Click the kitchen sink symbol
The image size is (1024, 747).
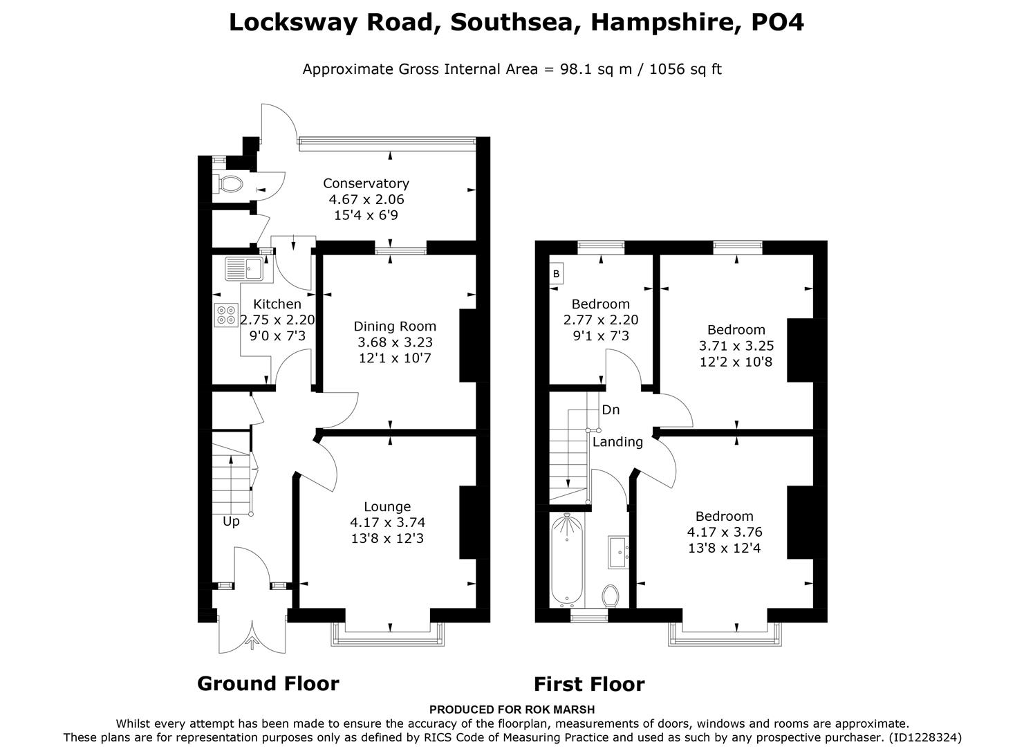pyautogui.click(x=243, y=268)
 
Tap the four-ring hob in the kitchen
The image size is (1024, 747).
pyautogui.click(x=226, y=315)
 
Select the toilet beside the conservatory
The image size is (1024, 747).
pyautogui.click(x=230, y=184)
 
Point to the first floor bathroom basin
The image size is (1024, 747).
pyautogui.click(x=619, y=551)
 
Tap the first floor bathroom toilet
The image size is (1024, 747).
pyautogui.click(x=611, y=595)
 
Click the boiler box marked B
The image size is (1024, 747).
pyautogui.click(x=557, y=274)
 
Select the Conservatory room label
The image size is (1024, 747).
pyautogui.click(x=366, y=183)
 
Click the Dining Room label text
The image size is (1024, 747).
pyautogui.click(x=395, y=326)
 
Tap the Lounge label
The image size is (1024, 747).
pyautogui.click(x=387, y=507)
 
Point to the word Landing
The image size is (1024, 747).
pyautogui.click(x=617, y=442)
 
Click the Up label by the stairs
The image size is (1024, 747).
pyautogui.click(x=231, y=522)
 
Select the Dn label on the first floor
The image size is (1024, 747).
pyautogui.click(x=611, y=410)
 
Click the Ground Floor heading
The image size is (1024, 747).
pyautogui.click(x=268, y=683)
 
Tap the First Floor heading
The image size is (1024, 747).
pyautogui.click(x=589, y=684)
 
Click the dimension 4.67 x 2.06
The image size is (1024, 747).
pyautogui.click(x=366, y=199)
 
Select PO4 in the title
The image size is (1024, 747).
pyautogui.click(x=777, y=22)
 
